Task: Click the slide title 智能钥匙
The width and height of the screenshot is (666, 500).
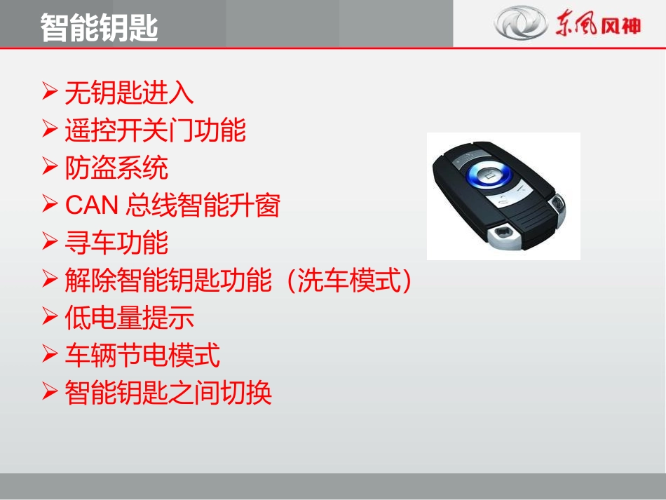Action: click(99, 27)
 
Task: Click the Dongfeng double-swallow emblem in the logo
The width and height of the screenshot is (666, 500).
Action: click(519, 23)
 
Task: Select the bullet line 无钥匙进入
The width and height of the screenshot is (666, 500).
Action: click(129, 93)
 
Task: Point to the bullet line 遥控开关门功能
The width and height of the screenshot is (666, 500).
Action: click(155, 130)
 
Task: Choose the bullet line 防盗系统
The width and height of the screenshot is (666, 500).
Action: click(116, 168)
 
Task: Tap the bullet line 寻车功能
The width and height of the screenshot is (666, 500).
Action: click(116, 243)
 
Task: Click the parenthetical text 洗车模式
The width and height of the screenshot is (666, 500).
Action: click(348, 281)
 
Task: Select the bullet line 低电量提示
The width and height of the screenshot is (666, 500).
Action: click(129, 318)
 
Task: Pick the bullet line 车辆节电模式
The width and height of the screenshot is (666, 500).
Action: click(142, 356)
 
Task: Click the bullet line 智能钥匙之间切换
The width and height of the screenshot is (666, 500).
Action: click(168, 393)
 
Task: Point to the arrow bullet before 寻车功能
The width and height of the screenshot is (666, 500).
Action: click(49, 242)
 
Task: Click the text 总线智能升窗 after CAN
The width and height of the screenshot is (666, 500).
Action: click(203, 205)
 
